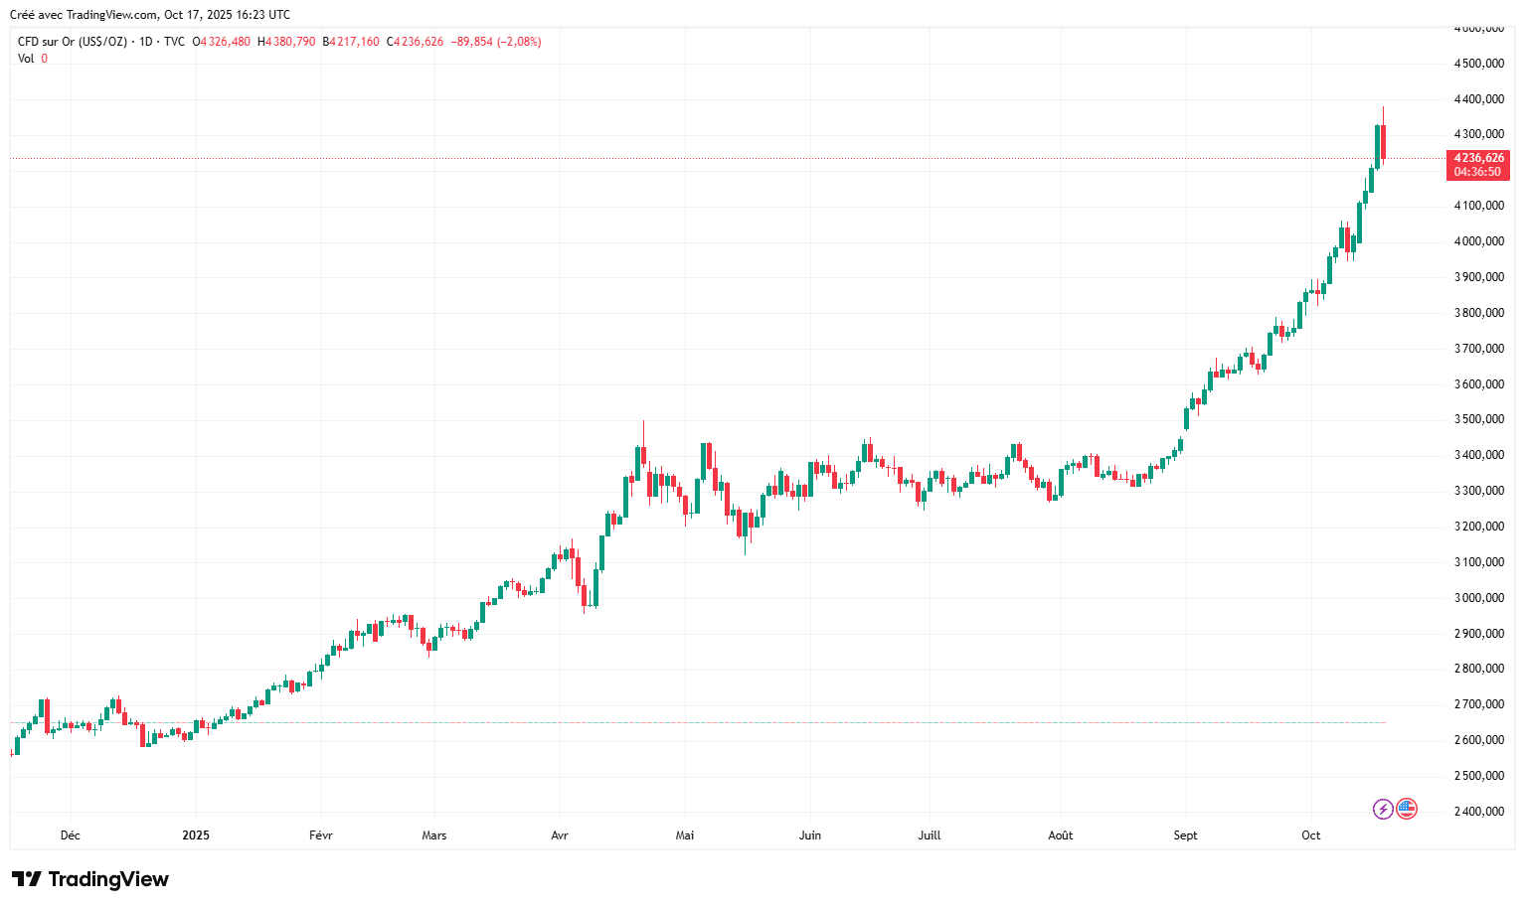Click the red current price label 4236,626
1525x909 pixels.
1478,158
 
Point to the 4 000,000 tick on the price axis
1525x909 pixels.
1478,241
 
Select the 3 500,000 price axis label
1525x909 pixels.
1478,419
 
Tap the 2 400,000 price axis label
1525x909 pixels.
1478,812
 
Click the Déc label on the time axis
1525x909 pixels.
70,835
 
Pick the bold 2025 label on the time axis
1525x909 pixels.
196,835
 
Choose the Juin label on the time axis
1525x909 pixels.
810,835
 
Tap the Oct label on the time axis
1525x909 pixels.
1311,835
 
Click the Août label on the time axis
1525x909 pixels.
1061,835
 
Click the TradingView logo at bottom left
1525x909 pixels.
89,879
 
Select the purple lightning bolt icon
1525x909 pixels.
1383,809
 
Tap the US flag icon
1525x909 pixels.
1406,809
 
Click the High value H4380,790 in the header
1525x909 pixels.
286,42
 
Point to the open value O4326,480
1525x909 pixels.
222,42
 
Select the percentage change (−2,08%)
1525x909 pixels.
520,42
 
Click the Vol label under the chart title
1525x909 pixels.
26,59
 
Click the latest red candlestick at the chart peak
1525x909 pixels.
1383,141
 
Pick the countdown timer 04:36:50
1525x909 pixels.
1478,172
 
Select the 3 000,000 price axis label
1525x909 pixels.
1478,598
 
